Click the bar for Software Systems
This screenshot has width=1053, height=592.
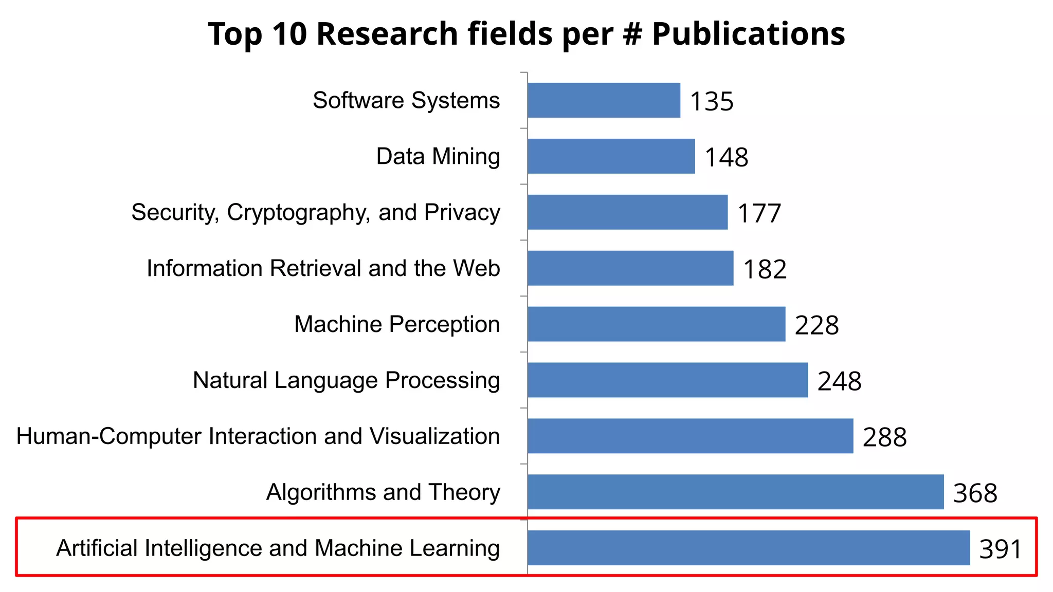coord(604,100)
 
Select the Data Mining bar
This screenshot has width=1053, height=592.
coord(611,156)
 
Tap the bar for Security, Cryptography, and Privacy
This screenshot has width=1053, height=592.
coord(627,212)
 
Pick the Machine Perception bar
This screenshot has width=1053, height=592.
coord(656,324)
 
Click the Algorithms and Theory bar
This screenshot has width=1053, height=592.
coord(735,492)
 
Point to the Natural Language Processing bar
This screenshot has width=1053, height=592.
coord(667,380)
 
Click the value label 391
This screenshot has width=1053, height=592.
coord(1000,549)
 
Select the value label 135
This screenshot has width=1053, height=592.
coord(712,101)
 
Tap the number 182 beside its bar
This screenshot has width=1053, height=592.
coord(765,269)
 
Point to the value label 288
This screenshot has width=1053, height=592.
coord(884,437)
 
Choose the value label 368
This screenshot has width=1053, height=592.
coord(975,493)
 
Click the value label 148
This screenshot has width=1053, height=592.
coord(726,157)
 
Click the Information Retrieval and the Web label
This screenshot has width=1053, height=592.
coord(323,268)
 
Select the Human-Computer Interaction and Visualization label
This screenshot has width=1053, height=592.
coord(258,436)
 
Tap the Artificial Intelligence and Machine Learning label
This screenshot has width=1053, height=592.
coord(278,548)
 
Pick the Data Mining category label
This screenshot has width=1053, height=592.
coord(438,156)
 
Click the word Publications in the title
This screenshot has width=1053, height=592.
coord(749,34)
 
